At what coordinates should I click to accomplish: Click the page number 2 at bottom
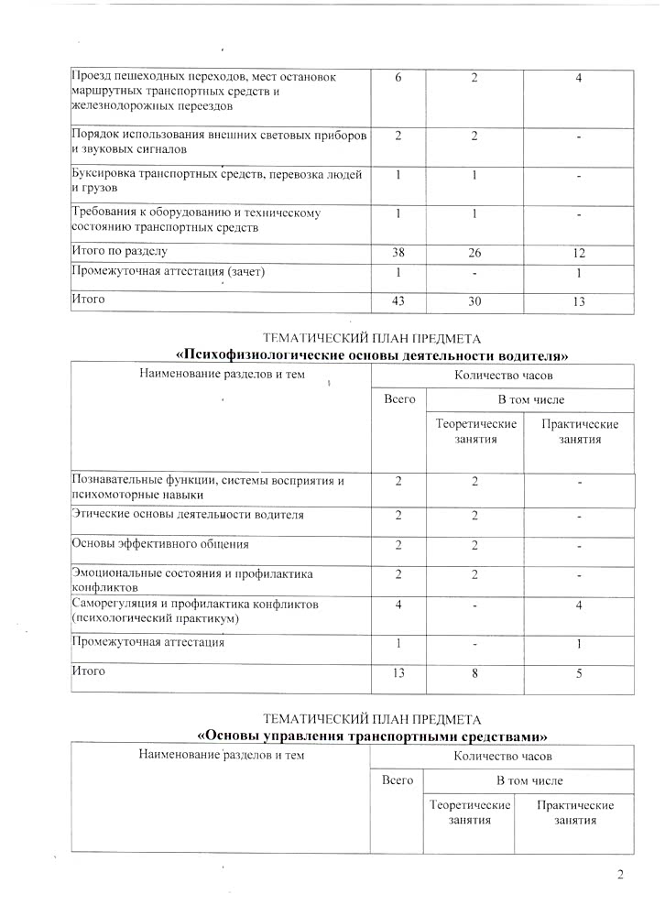click(620, 875)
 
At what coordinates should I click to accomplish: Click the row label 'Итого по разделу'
click(120, 250)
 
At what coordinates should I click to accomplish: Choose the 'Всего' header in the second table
click(399, 399)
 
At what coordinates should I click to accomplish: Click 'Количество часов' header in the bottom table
click(502, 757)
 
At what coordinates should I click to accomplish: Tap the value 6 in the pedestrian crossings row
click(399, 77)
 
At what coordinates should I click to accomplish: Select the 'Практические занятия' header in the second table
click(580, 431)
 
